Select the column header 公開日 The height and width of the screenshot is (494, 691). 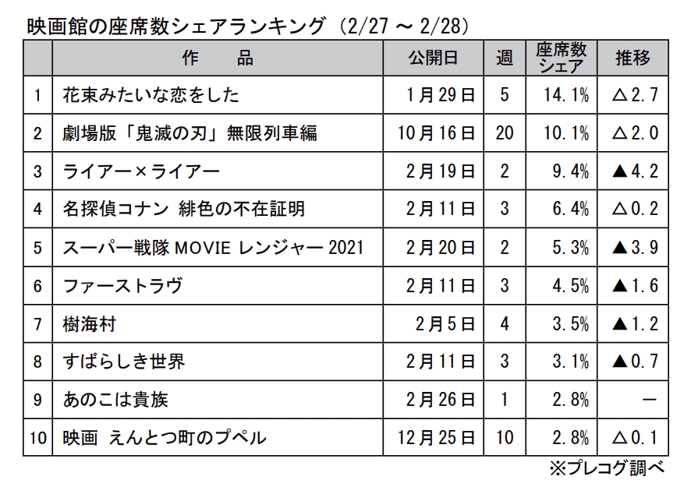(x=432, y=58)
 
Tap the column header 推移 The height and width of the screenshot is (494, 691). (x=633, y=58)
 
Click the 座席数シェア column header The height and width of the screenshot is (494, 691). (x=561, y=58)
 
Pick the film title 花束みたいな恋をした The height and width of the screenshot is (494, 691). (x=151, y=96)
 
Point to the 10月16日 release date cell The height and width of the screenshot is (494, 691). (x=435, y=134)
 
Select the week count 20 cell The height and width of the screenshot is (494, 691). (x=505, y=134)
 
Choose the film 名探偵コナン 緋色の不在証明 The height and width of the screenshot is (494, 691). (x=183, y=210)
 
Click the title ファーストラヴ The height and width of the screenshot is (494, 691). (x=122, y=286)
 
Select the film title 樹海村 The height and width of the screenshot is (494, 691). (x=90, y=324)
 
